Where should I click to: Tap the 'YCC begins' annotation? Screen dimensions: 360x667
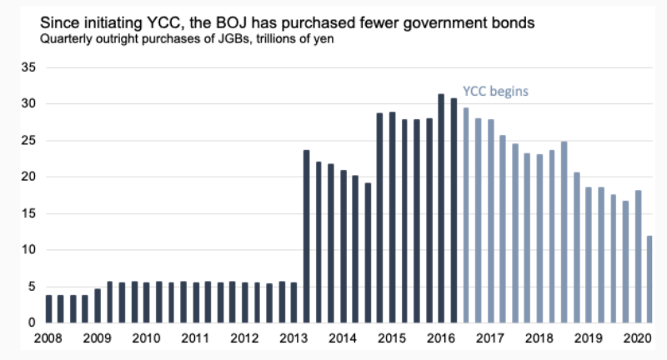pyautogui.click(x=497, y=91)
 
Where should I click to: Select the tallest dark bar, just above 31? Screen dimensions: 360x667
pyautogui.click(x=441, y=208)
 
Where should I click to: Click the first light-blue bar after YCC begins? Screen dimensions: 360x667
pyautogui.click(x=465, y=215)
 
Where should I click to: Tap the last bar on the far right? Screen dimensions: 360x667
pyautogui.click(x=649, y=279)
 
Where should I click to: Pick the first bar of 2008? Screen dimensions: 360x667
pyautogui.click(x=48, y=308)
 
